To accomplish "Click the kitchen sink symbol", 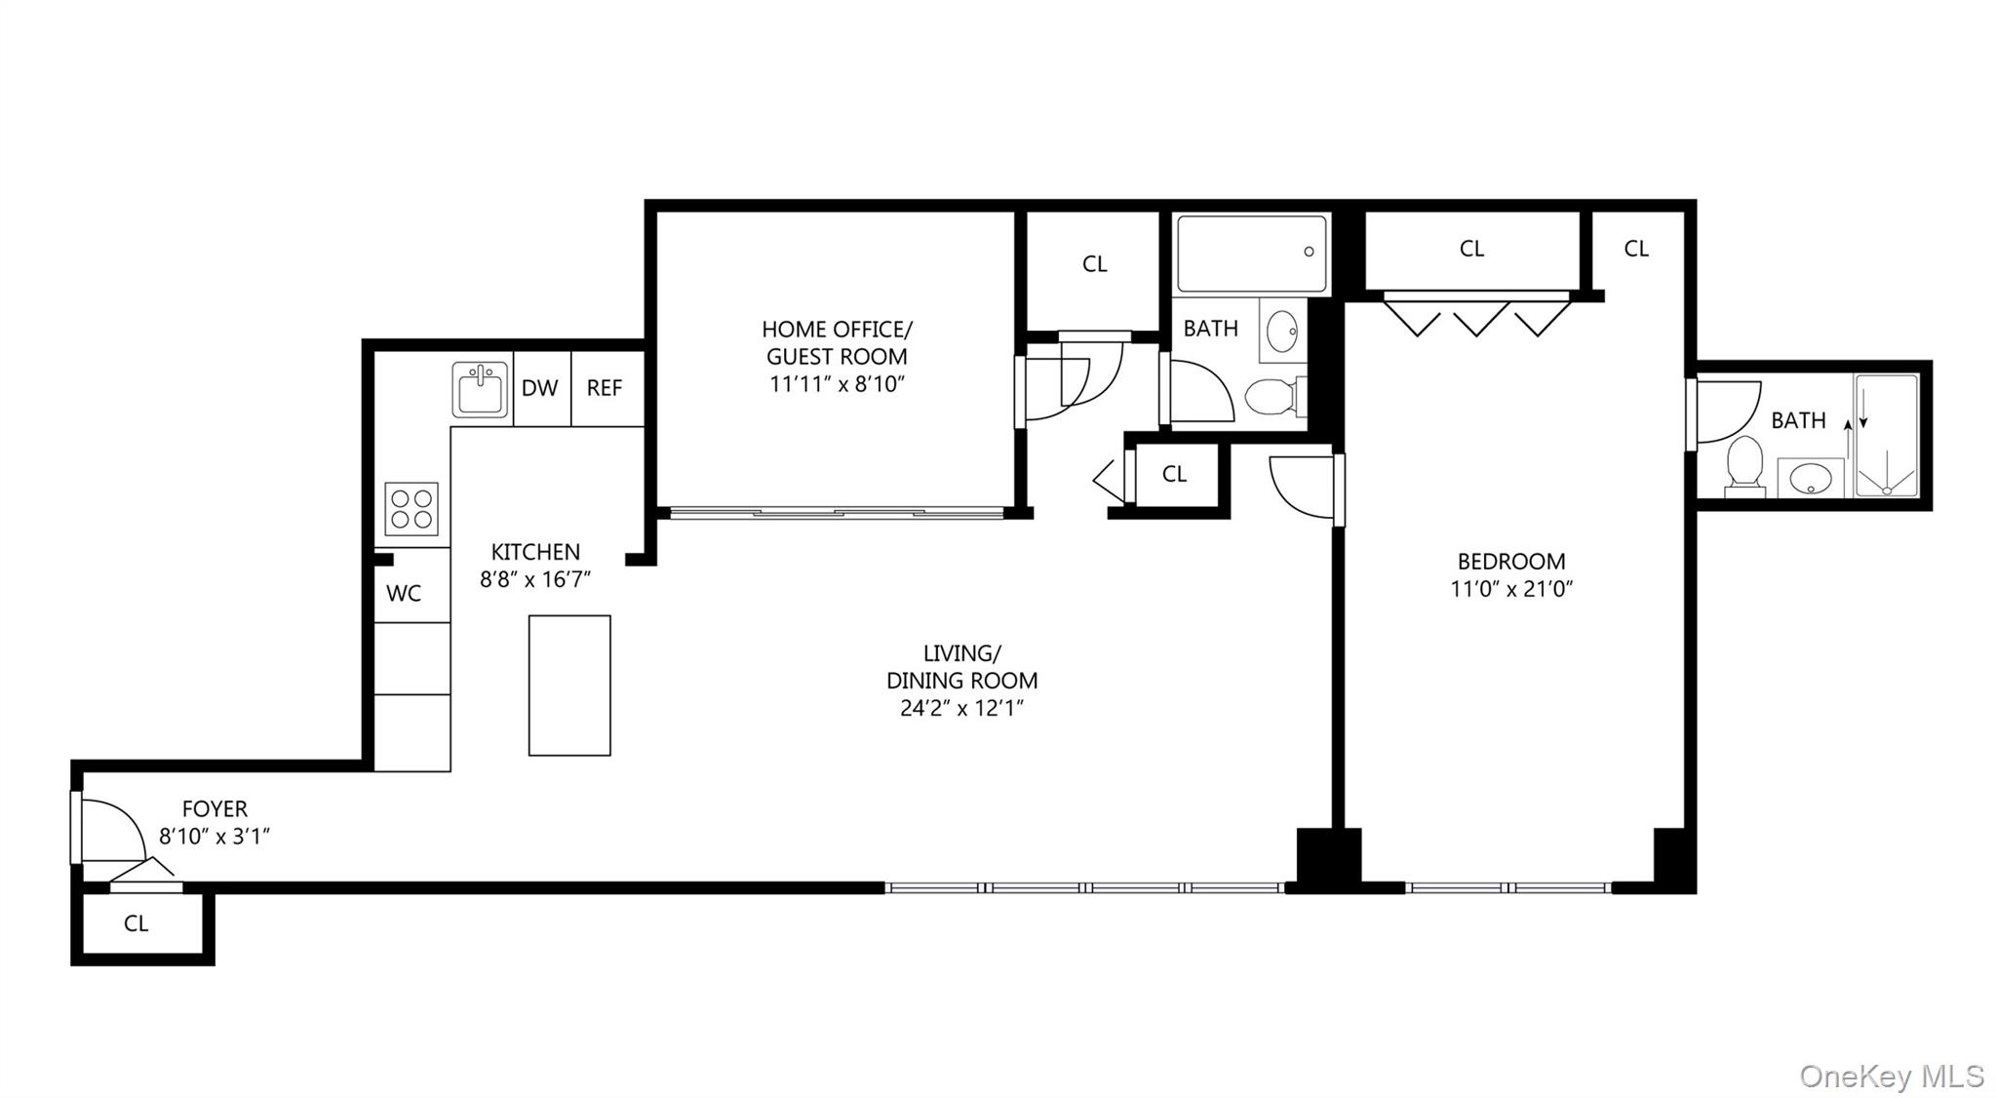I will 480,390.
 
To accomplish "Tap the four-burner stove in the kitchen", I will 411,509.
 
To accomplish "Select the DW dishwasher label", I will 539,388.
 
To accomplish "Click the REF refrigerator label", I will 605,388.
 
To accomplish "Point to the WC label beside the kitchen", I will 404,593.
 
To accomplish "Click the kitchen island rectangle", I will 569,685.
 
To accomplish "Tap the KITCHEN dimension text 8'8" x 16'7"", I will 535,579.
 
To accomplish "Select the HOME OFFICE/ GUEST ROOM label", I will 837,342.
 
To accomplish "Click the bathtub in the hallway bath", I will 1252,254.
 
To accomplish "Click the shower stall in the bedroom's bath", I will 1886,435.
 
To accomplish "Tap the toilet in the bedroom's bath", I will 1744,464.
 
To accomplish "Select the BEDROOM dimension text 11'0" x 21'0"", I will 1511,589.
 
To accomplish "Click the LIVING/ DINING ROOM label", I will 961,667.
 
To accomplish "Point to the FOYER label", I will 215,808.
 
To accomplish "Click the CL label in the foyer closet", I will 137,923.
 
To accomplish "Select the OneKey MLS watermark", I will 1891,1077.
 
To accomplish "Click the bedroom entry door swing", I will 1302,486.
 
